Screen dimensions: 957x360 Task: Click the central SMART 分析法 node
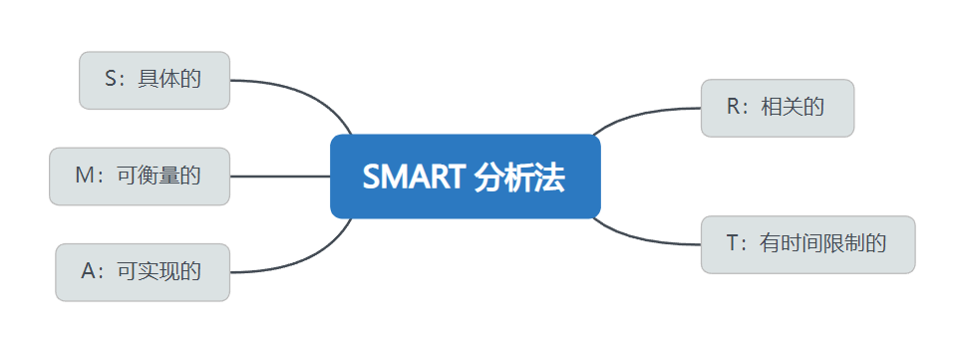click(x=465, y=176)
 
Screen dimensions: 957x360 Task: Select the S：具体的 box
click(x=155, y=80)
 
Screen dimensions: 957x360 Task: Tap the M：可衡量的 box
click(x=140, y=176)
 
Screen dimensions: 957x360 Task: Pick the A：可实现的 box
click(x=143, y=271)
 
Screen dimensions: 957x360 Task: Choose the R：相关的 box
click(x=778, y=108)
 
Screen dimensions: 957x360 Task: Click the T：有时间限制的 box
click(x=807, y=243)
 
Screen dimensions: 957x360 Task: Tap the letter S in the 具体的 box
click(x=110, y=80)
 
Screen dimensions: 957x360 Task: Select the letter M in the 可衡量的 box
click(x=84, y=176)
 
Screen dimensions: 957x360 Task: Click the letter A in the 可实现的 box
click(x=89, y=271)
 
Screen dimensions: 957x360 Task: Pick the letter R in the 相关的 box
click(x=735, y=108)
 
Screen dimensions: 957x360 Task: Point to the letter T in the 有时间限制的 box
click(x=735, y=243)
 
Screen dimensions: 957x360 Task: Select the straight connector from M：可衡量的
click(x=279, y=176)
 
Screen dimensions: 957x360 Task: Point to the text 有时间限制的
click(x=823, y=243)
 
